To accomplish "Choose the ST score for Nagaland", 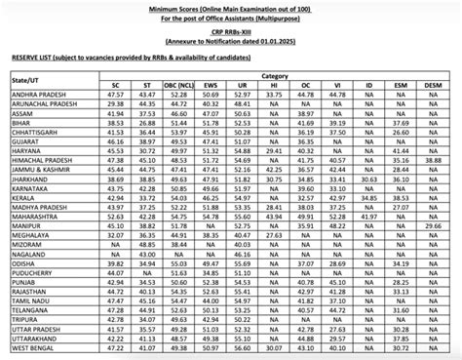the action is coord(147,280).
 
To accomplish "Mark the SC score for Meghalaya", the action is coord(115,261).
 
